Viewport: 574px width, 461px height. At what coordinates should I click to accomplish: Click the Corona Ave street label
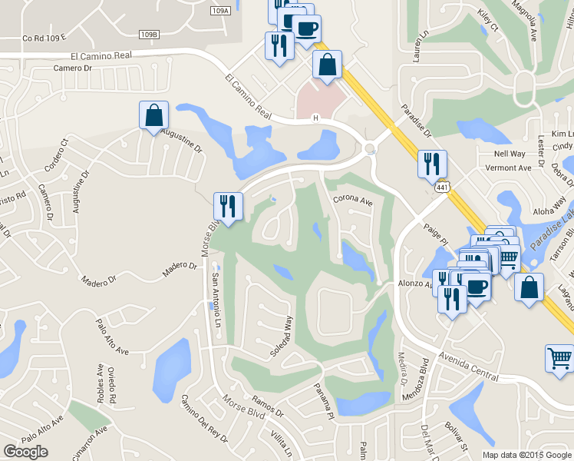(352, 201)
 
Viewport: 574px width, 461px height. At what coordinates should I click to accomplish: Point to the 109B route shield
(150, 34)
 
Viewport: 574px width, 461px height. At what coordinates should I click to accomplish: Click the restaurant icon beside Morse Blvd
(228, 206)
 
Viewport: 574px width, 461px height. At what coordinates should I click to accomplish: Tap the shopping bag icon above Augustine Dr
(153, 116)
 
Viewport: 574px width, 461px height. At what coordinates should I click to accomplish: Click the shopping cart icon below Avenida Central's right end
(559, 359)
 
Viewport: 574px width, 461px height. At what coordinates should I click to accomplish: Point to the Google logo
(25, 452)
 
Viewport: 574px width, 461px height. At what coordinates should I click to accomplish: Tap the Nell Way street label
(510, 154)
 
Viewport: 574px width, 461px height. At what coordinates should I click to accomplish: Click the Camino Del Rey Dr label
(203, 418)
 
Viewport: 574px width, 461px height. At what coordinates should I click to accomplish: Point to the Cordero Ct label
(57, 154)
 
